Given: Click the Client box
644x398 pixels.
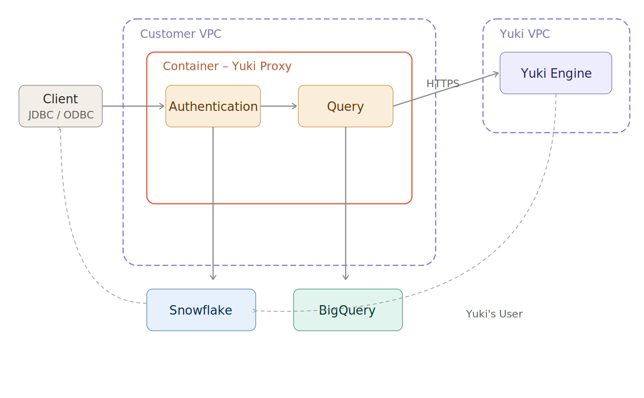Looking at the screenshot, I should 61,99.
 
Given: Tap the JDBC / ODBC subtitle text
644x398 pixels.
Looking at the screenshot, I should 61,115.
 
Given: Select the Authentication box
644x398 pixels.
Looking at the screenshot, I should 213,106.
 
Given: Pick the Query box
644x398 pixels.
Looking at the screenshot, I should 346,106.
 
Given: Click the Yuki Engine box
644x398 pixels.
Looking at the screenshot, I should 556,73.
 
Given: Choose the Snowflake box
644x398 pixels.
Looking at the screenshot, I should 201,310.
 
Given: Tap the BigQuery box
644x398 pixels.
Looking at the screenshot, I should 348,310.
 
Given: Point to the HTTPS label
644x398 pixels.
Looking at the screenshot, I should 443,84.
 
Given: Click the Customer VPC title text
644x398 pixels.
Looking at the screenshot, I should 181,34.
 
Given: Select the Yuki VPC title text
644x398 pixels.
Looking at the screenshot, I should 525,34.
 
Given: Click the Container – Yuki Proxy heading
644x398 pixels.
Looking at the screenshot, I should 227,66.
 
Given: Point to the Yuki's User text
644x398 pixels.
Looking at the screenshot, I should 494,314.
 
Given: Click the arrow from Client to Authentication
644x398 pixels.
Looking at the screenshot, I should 134,106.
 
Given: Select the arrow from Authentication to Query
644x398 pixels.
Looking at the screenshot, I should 279,106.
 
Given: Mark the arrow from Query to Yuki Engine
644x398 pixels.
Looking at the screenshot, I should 445,90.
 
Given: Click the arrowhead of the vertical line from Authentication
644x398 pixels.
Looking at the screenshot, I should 213,278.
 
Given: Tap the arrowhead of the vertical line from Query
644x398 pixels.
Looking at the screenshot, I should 346,278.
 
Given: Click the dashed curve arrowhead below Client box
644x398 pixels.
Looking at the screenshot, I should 60,129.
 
